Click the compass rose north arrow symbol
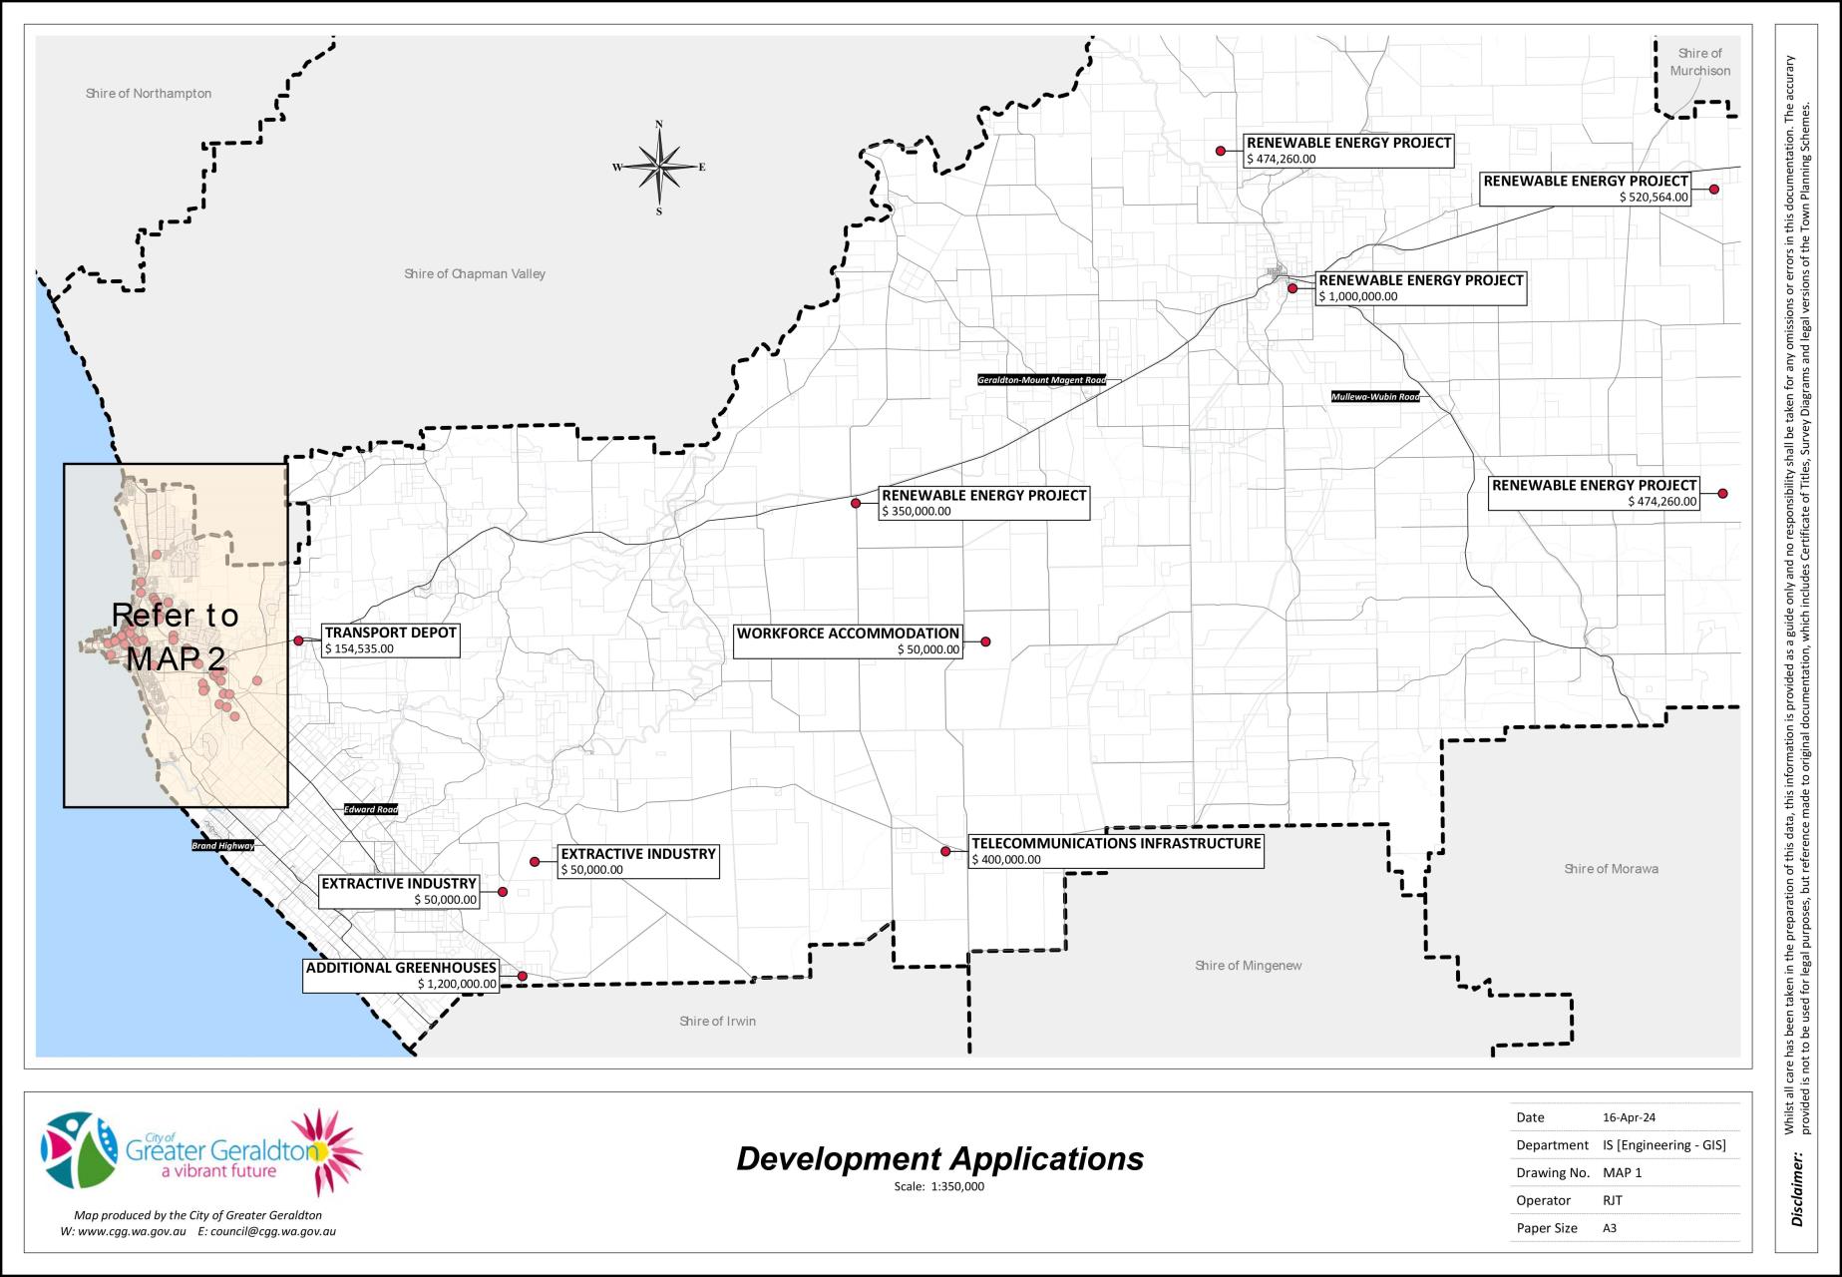[658, 167]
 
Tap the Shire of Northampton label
[149, 94]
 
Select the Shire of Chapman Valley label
[475, 274]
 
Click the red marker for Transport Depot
[298, 640]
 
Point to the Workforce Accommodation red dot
[985, 641]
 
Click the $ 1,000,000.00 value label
[1358, 296]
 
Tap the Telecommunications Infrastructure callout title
[1116, 844]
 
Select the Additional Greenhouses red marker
[522, 976]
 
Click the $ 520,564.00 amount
[1654, 198]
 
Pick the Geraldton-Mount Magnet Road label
[1041, 380]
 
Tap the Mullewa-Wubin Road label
[1375, 397]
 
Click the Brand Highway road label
[222, 846]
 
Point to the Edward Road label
[371, 809]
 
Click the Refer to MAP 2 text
[176, 637]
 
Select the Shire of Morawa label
[1611, 869]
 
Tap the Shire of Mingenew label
[1248, 966]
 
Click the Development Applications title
[939, 1158]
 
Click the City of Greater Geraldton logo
[200, 1153]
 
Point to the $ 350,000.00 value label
[917, 512]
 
